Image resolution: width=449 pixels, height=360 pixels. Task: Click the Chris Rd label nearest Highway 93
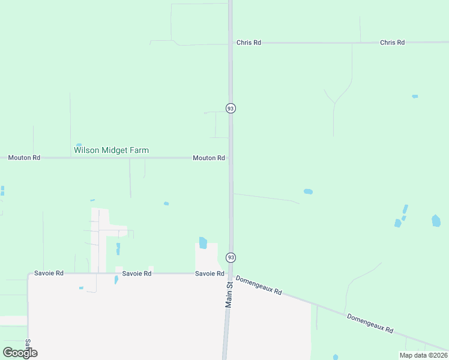pyautogui.click(x=249, y=43)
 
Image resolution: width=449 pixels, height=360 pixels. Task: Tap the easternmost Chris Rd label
pyautogui.click(x=392, y=43)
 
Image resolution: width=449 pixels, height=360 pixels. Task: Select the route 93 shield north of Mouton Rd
pyautogui.click(x=231, y=108)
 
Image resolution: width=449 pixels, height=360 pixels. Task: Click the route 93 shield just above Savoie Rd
pyautogui.click(x=231, y=257)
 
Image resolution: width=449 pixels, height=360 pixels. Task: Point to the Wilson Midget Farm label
pyautogui.click(x=111, y=150)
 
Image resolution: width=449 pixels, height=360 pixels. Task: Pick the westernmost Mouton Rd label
pyautogui.click(x=24, y=158)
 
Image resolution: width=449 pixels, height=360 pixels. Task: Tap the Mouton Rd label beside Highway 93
pyautogui.click(x=208, y=158)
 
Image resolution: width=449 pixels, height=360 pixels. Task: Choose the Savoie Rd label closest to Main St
pyautogui.click(x=209, y=274)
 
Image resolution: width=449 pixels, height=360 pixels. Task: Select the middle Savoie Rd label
pyautogui.click(x=136, y=274)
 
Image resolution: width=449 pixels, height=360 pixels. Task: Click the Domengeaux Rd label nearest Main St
pyautogui.click(x=259, y=285)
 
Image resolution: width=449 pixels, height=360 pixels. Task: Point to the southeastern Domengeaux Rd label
pyautogui.click(x=370, y=323)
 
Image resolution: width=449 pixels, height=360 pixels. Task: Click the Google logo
pyautogui.click(x=20, y=353)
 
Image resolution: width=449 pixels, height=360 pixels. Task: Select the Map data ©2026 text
pyautogui.click(x=423, y=355)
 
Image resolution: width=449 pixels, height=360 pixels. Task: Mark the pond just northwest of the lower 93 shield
pyautogui.click(x=203, y=242)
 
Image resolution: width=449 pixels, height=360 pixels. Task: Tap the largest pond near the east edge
pyautogui.click(x=436, y=221)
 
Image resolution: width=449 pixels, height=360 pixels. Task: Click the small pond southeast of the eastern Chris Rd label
pyautogui.click(x=415, y=96)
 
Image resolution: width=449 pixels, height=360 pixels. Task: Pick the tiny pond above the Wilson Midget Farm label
pyautogui.click(x=79, y=145)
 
